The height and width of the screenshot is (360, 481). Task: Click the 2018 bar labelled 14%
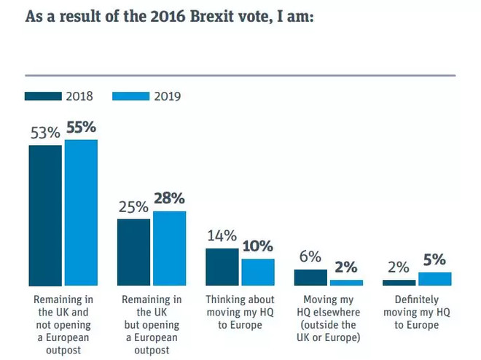[x=222, y=267]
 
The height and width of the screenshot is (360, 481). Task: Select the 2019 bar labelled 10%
[x=258, y=272]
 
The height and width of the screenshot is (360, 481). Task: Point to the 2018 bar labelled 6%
[x=310, y=278]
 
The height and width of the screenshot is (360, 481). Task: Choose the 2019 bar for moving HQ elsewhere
[x=346, y=282]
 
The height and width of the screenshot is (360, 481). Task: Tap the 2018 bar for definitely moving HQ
[x=399, y=282]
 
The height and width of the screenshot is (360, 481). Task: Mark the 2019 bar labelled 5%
[x=435, y=278]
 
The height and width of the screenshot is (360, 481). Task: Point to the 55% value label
[x=81, y=128]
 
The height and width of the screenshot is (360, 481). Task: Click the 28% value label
[x=169, y=199]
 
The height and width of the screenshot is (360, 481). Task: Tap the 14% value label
[x=222, y=236]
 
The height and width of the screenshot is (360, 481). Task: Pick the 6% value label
[x=310, y=257]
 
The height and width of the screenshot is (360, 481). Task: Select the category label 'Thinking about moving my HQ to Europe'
[x=240, y=312]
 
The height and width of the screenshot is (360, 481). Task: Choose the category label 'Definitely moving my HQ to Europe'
[x=417, y=312]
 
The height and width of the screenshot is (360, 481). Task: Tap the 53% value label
[x=44, y=133]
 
